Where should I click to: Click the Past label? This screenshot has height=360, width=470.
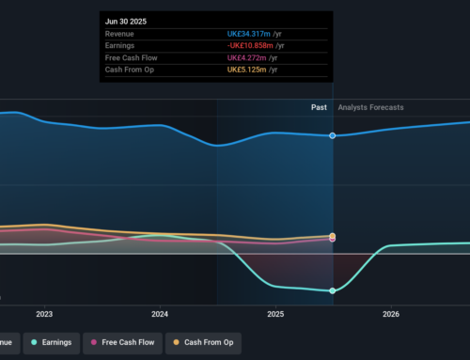pyautogui.click(x=319, y=107)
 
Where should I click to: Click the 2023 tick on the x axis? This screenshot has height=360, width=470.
pyautogui.click(x=44, y=314)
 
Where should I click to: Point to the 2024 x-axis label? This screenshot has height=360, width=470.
pyautogui.click(x=160, y=314)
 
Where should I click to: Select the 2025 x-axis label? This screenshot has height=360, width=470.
pyautogui.click(x=275, y=314)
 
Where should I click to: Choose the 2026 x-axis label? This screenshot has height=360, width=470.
pyautogui.click(x=391, y=314)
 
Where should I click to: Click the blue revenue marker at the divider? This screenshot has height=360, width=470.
pyautogui.click(x=333, y=135)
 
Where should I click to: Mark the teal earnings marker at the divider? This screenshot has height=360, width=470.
pyautogui.click(x=333, y=290)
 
